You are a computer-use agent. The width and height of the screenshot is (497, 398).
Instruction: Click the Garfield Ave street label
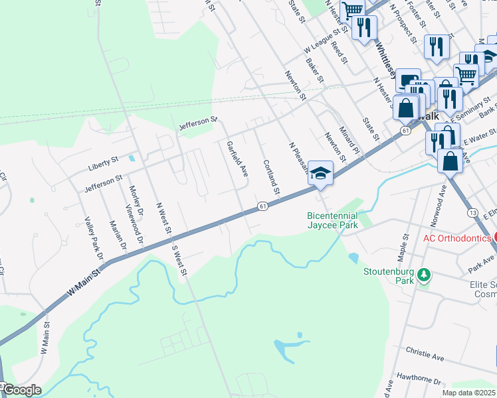237,159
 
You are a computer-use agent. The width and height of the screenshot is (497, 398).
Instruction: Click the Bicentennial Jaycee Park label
332,220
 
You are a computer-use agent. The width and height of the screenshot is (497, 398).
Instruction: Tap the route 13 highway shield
472,212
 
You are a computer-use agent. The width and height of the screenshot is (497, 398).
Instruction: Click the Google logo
21,390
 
